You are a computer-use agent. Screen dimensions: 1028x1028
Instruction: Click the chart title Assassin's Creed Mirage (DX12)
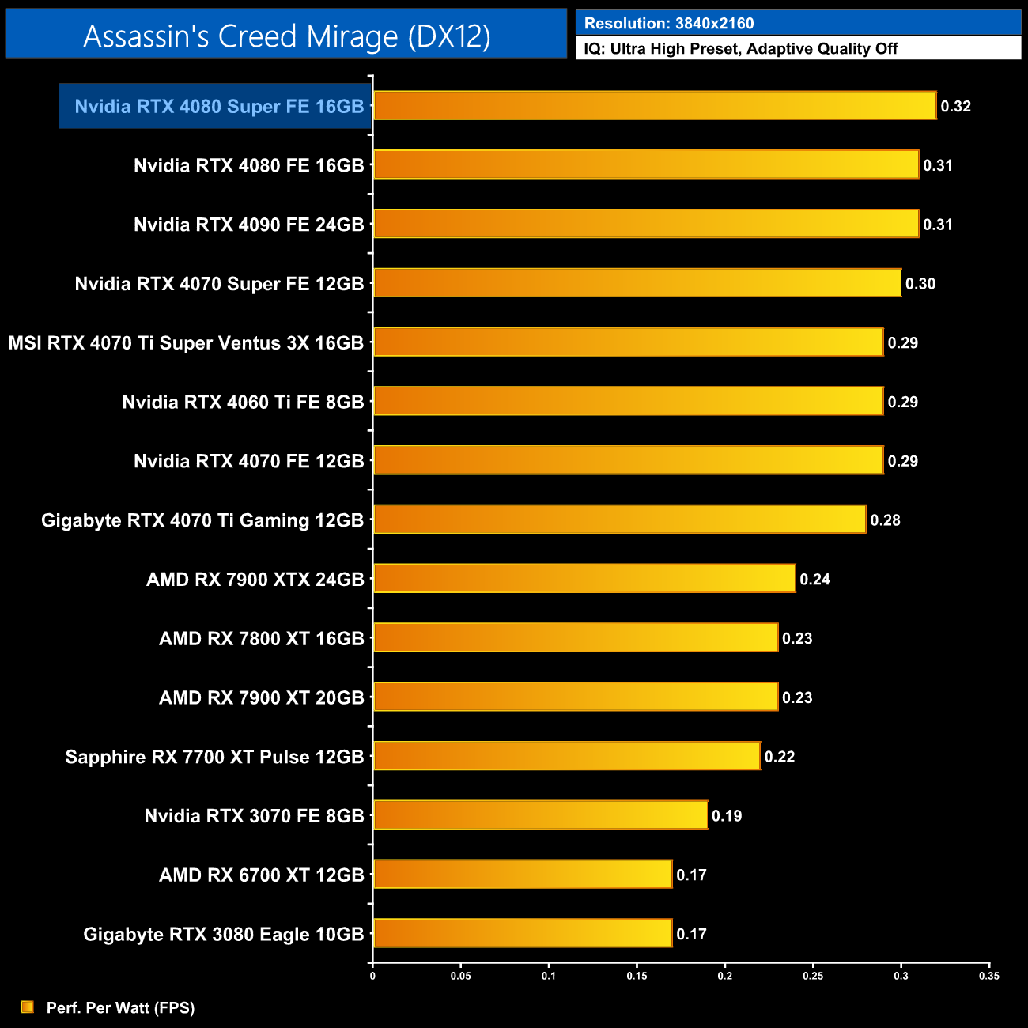click(286, 36)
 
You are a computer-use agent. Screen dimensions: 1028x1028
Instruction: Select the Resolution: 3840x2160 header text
click(669, 24)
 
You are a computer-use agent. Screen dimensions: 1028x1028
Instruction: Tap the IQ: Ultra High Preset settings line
click(740, 49)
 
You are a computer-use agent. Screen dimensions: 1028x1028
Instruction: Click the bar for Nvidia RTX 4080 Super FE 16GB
click(654, 106)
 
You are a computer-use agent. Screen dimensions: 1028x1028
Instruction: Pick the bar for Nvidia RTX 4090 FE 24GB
click(645, 224)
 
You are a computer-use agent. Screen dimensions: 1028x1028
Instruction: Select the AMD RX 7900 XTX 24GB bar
click(584, 579)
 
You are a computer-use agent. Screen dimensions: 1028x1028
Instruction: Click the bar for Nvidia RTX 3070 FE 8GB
click(539, 815)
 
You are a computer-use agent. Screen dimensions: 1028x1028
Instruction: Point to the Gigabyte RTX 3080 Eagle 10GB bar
click(522, 933)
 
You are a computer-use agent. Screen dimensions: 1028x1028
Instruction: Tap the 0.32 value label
click(955, 107)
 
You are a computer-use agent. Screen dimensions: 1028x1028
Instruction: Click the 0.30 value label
click(920, 284)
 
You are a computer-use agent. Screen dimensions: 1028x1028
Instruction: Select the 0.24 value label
click(814, 580)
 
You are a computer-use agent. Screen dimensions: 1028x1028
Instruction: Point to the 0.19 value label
click(726, 816)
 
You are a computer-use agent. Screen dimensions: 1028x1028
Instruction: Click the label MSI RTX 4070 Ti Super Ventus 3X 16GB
click(186, 343)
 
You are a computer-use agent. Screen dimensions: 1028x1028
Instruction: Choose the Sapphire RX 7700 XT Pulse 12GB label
click(214, 757)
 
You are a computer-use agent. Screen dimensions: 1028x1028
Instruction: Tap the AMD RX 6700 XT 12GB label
click(261, 875)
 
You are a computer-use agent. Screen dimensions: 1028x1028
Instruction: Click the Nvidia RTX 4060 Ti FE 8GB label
click(243, 403)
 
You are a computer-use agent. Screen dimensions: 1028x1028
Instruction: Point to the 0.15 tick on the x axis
click(637, 976)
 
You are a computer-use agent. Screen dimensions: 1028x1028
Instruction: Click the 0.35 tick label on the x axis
click(988, 976)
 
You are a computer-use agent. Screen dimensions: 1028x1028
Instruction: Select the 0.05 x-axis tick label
click(460, 976)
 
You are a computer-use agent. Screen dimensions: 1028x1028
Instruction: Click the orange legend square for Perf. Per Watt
click(28, 1007)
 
